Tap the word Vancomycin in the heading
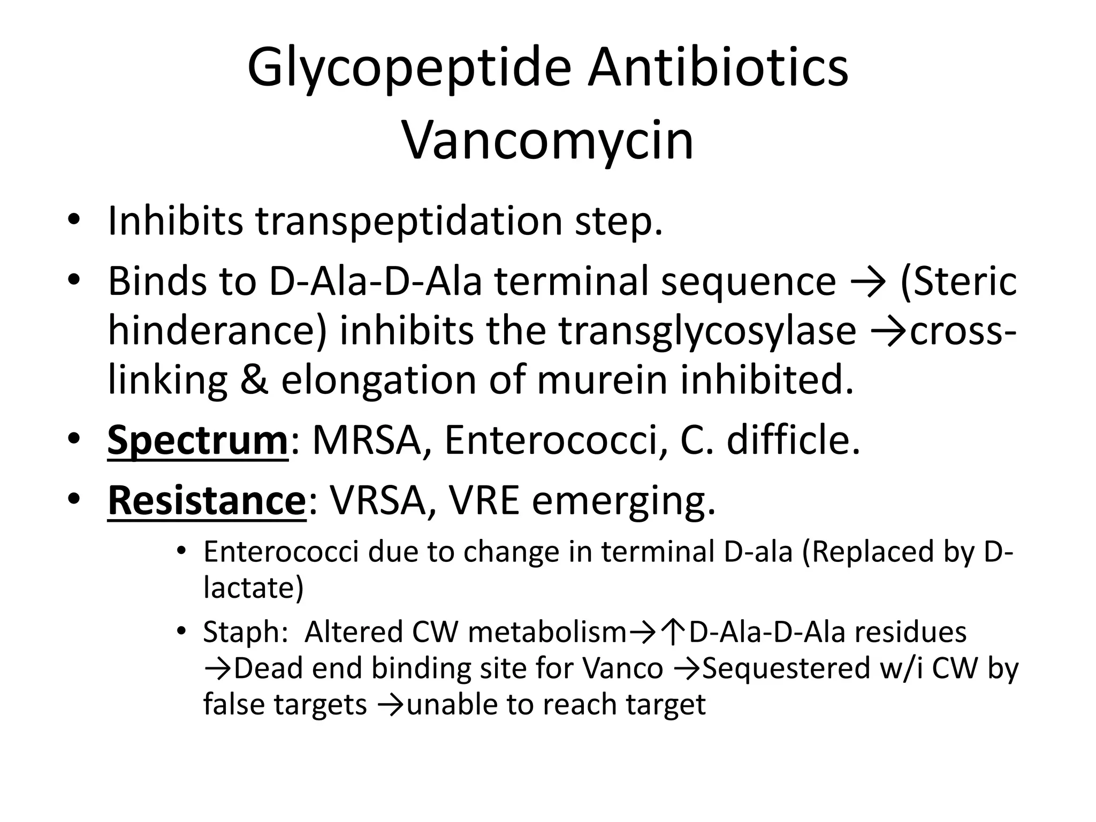(547, 140)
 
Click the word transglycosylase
(707, 330)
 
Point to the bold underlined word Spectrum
(198, 440)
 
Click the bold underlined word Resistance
(207, 500)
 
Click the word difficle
(793, 440)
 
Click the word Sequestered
(786, 668)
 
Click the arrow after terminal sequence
(867, 281)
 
